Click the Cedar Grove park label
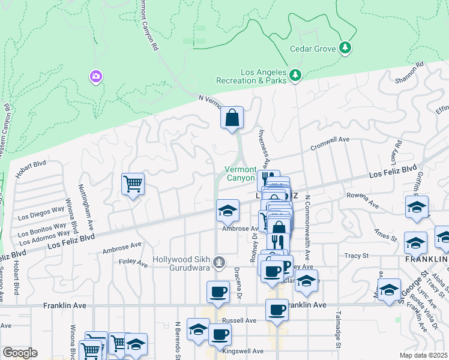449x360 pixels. coord(313,49)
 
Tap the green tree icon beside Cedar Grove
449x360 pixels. coord(345,48)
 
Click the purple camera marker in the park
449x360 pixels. coord(95,77)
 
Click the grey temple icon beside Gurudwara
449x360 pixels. coord(220,261)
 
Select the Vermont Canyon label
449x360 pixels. coord(240,174)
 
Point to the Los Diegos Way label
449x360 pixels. coord(41,214)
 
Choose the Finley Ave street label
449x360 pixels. coord(133,262)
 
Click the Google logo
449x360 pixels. coord(20,353)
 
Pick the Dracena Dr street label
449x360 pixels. coord(237,275)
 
